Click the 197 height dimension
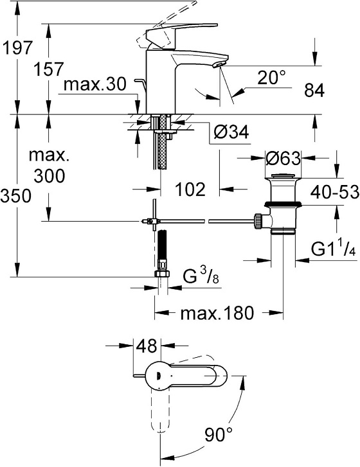pyautogui.click(x=17, y=48)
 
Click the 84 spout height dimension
pyautogui.click(x=314, y=91)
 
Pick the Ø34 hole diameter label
pyautogui.click(x=230, y=132)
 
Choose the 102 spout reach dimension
pyautogui.click(x=190, y=189)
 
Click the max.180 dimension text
pyautogui.click(x=218, y=313)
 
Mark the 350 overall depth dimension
pyautogui.click(x=17, y=197)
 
